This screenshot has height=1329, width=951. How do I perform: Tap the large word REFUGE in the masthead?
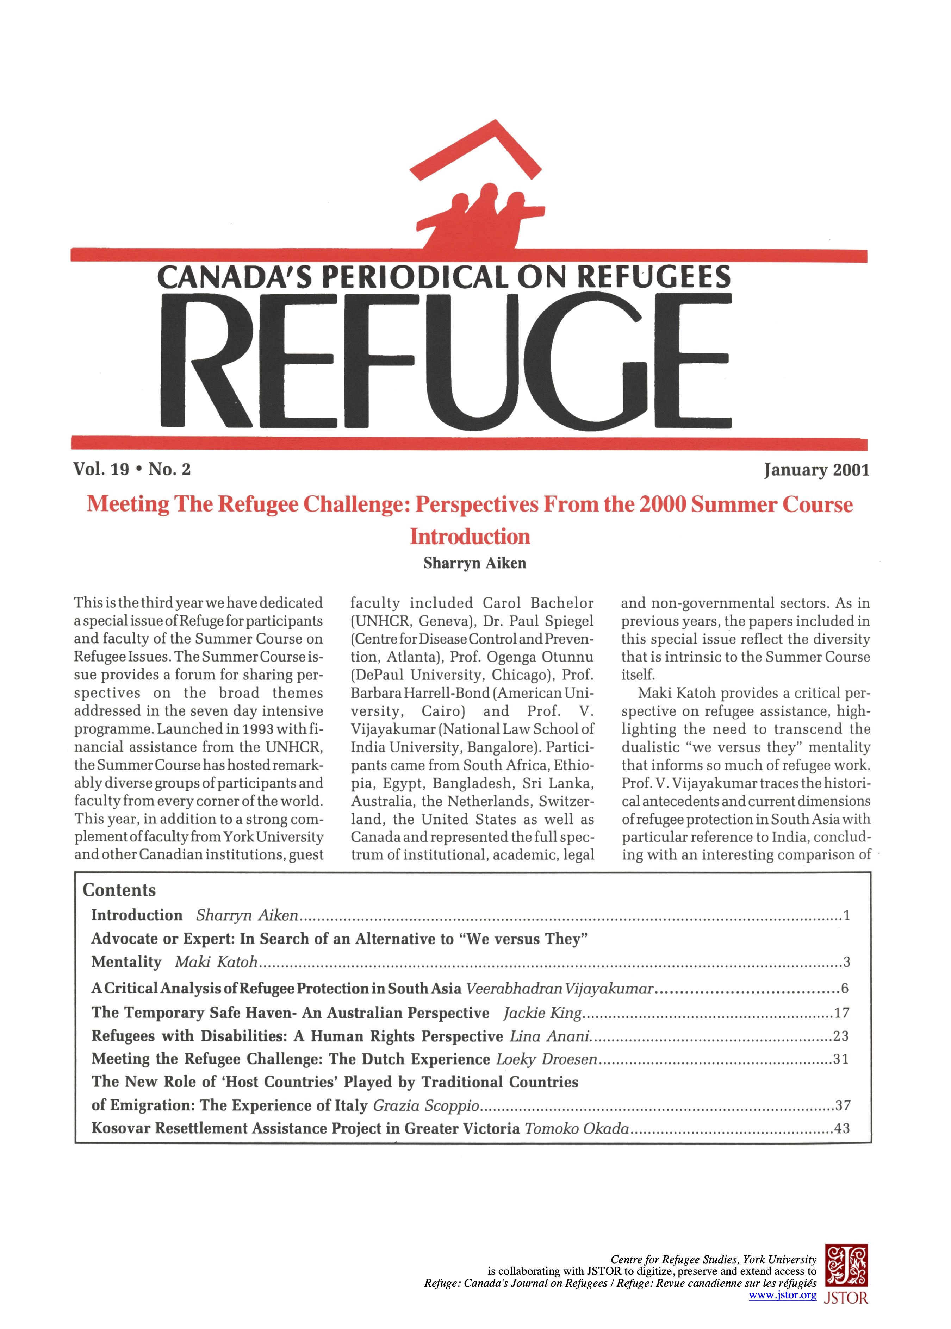(x=446, y=361)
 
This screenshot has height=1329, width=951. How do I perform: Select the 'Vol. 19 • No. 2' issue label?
(x=132, y=469)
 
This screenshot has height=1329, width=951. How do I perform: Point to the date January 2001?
(x=816, y=470)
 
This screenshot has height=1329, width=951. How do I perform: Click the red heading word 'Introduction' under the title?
(x=470, y=537)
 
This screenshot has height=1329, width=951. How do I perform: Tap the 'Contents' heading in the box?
(x=119, y=890)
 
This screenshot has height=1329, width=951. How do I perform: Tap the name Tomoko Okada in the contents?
(x=577, y=1128)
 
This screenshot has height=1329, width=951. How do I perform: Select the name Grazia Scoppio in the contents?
(x=426, y=1105)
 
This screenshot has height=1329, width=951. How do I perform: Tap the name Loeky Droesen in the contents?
(x=546, y=1059)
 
